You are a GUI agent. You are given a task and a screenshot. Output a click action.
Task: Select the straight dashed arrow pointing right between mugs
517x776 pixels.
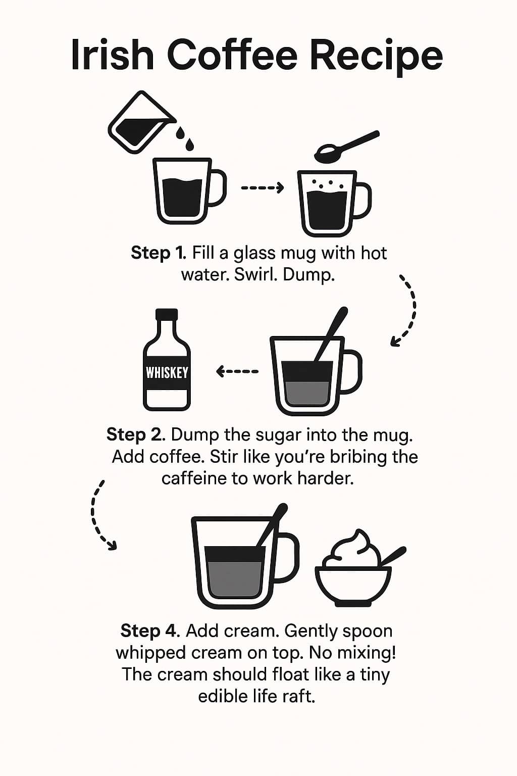pos(263,188)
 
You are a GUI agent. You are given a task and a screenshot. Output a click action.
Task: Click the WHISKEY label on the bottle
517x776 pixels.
pos(167,373)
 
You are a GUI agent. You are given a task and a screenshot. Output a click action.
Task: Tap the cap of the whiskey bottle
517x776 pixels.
pos(167,314)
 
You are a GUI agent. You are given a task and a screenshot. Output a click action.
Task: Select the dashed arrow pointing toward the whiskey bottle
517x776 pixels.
pos(237,372)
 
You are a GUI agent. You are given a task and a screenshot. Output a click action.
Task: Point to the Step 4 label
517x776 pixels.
pos(149,630)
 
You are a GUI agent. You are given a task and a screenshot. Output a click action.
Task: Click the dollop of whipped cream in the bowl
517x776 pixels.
pos(353,551)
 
